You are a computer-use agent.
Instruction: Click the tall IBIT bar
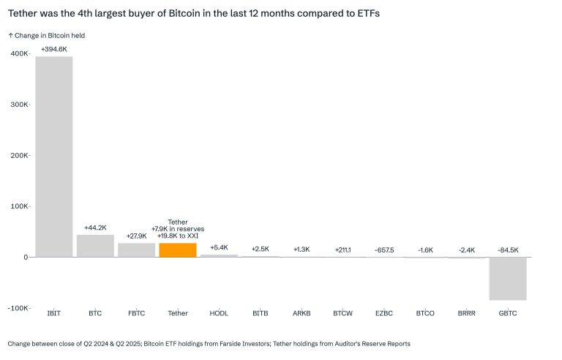coord(54,157)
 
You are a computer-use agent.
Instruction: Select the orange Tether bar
coord(177,250)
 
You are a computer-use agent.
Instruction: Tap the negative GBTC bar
coord(508,278)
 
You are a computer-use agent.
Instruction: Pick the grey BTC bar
coord(95,246)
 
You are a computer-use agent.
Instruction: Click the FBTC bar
coord(136,250)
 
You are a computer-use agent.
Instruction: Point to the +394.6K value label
coord(54,49)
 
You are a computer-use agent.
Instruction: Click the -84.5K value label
coord(508,250)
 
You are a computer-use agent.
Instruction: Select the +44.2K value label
coord(95,228)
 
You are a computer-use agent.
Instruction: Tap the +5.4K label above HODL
coord(219,247)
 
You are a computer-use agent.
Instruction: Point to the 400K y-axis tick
coord(20,53)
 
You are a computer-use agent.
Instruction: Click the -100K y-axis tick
coord(18,307)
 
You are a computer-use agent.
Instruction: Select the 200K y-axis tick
coord(20,155)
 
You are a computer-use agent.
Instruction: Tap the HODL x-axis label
coord(219,313)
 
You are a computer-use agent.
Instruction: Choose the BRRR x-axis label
coord(467,313)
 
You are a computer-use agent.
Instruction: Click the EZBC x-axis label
coord(384,313)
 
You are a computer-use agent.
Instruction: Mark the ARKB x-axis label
coord(301,313)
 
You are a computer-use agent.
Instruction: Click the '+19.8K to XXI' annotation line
coord(178,236)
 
